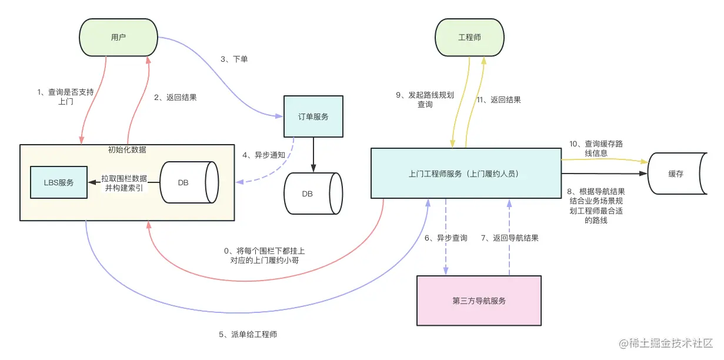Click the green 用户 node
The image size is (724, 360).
click(x=118, y=37)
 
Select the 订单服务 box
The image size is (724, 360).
click(x=313, y=116)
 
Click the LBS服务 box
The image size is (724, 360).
click(x=59, y=182)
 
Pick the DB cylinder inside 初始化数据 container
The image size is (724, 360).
click(x=186, y=182)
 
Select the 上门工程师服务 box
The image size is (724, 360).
click(x=466, y=174)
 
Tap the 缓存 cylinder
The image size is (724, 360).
click(x=677, y=174)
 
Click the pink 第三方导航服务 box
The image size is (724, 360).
click(x=479, y=301)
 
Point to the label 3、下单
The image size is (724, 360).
click(x=234, y=59)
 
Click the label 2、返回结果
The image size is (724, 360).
click(x=175, y=98)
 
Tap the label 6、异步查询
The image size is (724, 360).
click(x=446, y=238)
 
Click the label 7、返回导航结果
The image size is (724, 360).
click(x=509, y=238)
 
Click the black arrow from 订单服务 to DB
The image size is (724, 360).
click(x=313, y=154)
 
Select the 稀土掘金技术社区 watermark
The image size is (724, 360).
click(x=668, y=343)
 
